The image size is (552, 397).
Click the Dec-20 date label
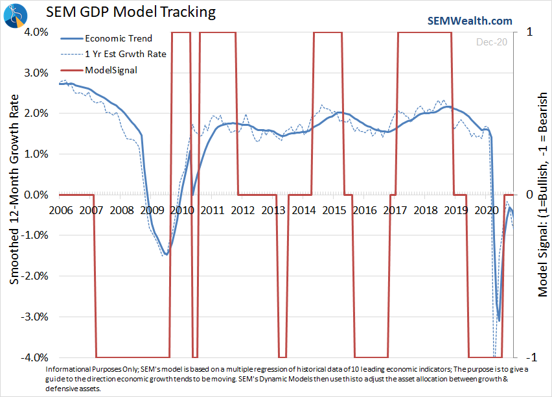(x=490, y=42)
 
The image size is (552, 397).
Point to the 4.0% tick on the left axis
(x=37, y=32)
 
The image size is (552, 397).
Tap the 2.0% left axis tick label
(x=37, y=113)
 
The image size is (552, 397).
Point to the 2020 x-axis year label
(x=485, y=210)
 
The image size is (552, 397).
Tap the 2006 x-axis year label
(x=60, y=210)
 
